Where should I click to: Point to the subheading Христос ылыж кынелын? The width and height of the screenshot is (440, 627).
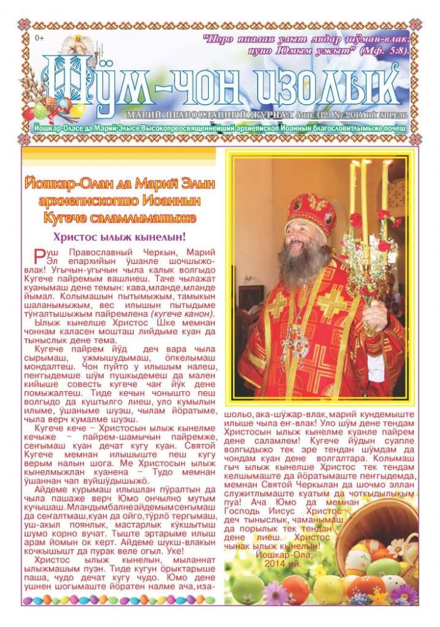coord(119,238)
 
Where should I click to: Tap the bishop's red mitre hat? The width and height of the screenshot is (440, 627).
coord(311,213)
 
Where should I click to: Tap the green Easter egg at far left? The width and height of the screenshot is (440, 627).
coord(248,589)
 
